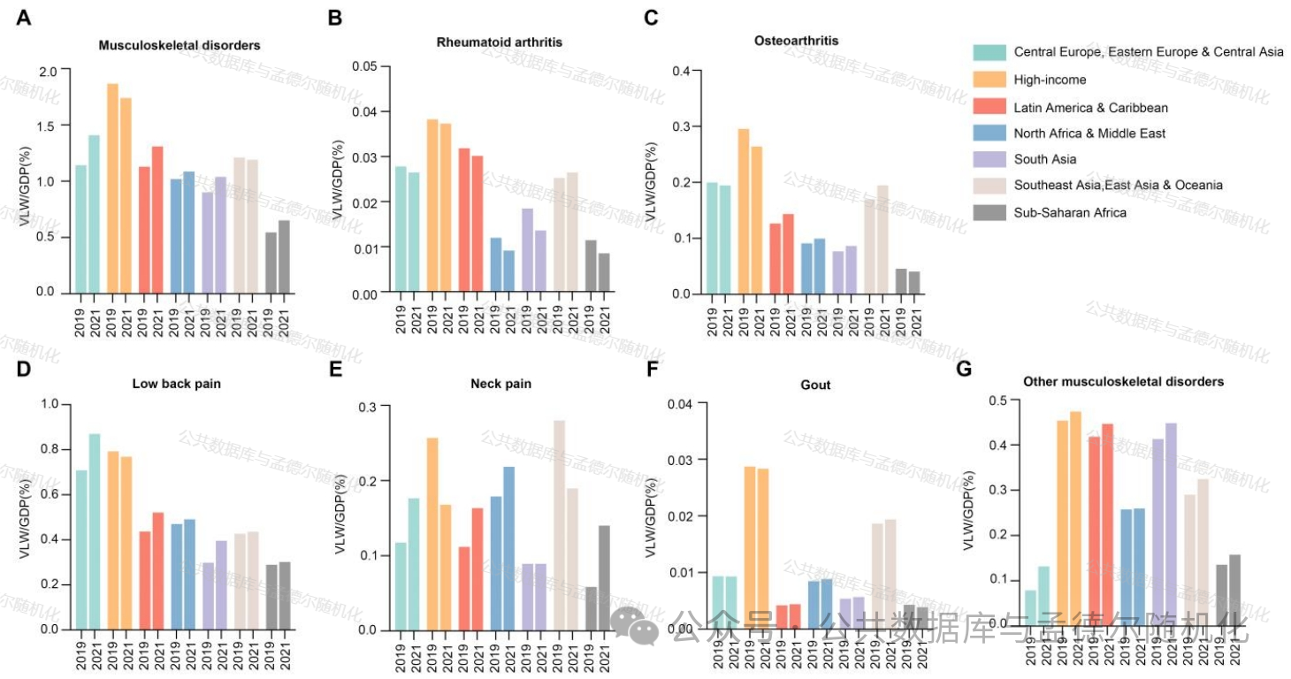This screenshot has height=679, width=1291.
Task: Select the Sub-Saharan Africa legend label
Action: (x=1070, y=212)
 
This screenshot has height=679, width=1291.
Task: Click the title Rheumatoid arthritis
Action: (x=500, y=42)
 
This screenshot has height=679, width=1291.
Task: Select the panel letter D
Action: (x=24, y=366)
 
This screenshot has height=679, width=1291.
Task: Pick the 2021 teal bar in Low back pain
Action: (x=95, y=531)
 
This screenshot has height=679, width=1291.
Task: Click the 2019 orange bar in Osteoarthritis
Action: (x=744, y=211)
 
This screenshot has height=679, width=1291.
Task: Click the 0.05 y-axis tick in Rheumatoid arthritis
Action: (x=364, y=66)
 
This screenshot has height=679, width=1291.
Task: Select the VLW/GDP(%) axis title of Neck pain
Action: (x=341, y=519)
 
